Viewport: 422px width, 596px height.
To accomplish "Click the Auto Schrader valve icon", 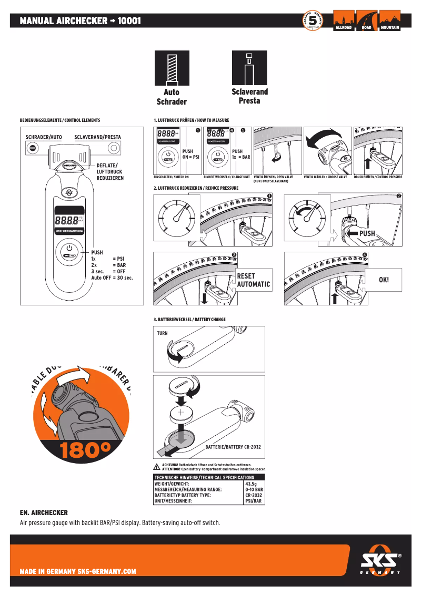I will point(172,68).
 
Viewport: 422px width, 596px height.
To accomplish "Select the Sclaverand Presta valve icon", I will point(249,68).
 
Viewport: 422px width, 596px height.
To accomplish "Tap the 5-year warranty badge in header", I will point(313,21).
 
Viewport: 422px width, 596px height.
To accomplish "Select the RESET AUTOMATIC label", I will point(253,280).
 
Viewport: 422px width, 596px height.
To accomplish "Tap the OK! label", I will point(384,280).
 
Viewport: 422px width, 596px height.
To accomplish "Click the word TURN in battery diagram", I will point(162,333).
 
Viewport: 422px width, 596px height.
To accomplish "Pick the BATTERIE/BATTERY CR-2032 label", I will point(233,447).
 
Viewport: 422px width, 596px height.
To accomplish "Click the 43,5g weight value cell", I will point(251,484).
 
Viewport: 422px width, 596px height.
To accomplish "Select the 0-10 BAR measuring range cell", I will point(254,489).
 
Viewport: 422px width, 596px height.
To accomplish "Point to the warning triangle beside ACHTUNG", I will point(156,467).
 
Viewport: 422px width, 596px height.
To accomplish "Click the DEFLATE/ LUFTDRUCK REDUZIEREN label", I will point(110,172).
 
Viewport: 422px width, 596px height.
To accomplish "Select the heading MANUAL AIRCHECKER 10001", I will point(80,21).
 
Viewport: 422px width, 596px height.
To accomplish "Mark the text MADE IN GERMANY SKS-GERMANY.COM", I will point(78,571).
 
